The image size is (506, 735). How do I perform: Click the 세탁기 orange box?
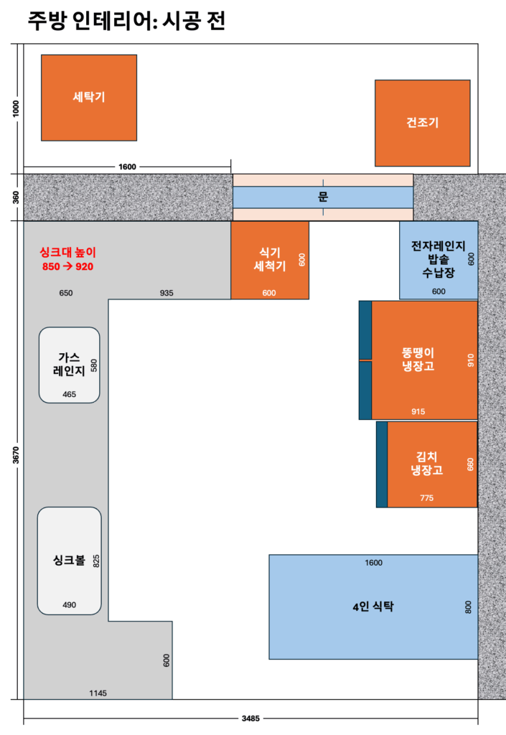pyautogui.click(x=89, y=98)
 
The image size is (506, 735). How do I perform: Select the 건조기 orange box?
pyautogui.click(x=422, y=123)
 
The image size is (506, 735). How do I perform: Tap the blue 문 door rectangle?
pyautogui.click(x=323, y=197)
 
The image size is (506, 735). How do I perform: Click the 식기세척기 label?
pyautogui.click(x=269, y=259)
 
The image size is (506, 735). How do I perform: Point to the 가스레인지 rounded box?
pyautogui.click(x=70, y=365)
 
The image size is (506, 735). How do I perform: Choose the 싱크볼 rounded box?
pyautogui.click(x=70, y=561)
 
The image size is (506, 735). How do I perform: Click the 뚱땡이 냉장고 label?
pyautogui.click(x=418, y=359)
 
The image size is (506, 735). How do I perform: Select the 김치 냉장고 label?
pyautogui.click(x=426, y=463)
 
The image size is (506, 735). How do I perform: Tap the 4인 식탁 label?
pyautogui.click(x=373, y=607)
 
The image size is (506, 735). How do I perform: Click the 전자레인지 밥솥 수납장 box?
pyautogui.click(x=439, y=260)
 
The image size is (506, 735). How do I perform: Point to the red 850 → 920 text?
pyautogui.click(x=68, y=266)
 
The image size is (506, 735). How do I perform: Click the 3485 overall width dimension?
pyautogui.click(x=250, y=718)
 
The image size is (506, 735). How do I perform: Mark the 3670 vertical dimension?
pyautogui.click(x=16, y=455)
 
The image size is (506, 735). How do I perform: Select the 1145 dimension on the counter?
pyautogui.click(x=98, y=693)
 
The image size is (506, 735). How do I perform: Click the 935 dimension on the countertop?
pyautogui.click(x=167, y=293)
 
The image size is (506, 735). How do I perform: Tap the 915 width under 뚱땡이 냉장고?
pyautogui.click(x=418, y=411)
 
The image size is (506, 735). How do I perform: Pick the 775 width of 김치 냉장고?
pyautogui.click(x=426, y=498)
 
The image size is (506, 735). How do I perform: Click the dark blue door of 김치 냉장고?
pyautogui.click(x=382, y=464)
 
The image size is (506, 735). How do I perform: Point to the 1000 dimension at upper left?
pyautogui.click(x=16, y=109)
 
